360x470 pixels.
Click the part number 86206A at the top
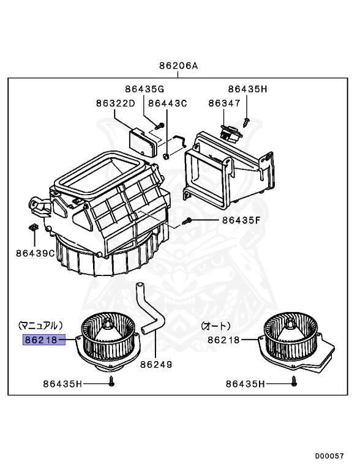point(179,65)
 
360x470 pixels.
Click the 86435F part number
point(241,220)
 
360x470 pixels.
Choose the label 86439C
point(36,252)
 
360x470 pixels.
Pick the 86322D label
point(115,103)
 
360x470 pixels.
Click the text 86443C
point(167,103)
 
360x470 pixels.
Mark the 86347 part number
point(224,103)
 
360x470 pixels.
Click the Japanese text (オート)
point(216,325)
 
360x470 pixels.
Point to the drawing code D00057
point(330,456)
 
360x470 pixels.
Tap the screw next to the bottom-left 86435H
point(111,382)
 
